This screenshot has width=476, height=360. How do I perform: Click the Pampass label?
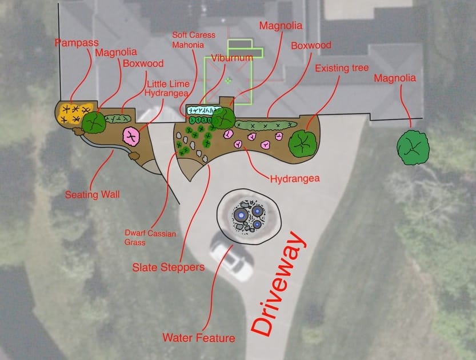coord(77,42)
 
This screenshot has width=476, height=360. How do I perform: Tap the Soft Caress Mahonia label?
coord(194,40)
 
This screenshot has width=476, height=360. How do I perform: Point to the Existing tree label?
coord(342,69)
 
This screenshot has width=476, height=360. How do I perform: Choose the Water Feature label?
coord(199,338)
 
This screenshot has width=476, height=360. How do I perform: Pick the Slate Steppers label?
coord(168,267)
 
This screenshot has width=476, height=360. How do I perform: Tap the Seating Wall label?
coord(92,194)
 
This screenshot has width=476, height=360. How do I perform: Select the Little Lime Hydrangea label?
coord(167,88)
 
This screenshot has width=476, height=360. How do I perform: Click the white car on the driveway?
coord(231,260)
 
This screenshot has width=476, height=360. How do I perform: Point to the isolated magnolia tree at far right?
coord(413,147)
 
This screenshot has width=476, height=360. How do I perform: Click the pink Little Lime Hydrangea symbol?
coord(132,135)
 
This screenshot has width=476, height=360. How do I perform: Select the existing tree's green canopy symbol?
coord(302,143)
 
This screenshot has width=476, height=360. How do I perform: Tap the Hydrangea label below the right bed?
coord(294,179)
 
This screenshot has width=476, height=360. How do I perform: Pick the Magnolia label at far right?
coord(395,78)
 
